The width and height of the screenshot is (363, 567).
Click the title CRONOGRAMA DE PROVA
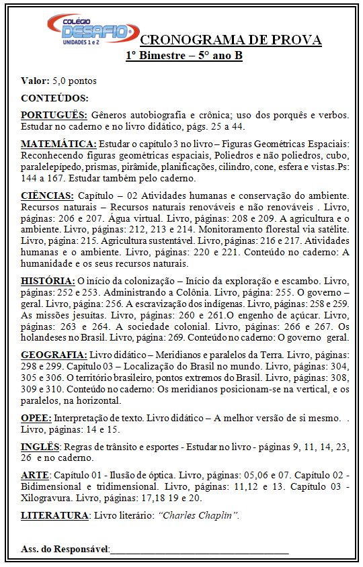point(231,40)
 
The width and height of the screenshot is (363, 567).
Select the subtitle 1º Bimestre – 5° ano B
point(184,55)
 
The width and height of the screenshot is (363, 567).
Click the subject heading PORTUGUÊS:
point(54,115)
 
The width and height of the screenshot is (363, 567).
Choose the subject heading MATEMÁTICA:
point(58,144)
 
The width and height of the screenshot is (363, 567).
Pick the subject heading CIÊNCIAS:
point(47,195)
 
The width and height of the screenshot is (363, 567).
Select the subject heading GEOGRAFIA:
point(54,355)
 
